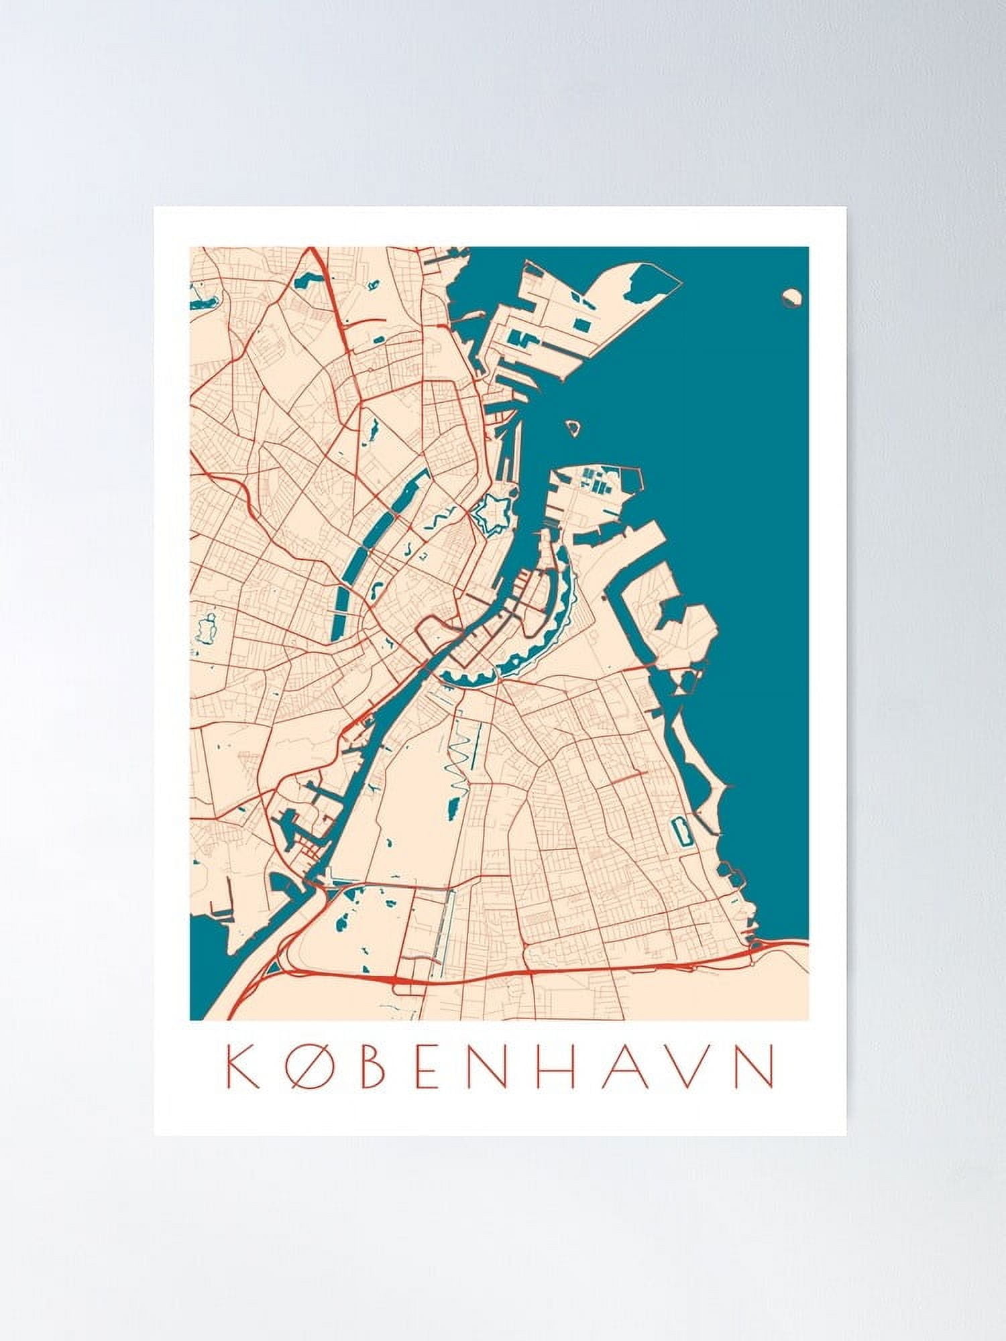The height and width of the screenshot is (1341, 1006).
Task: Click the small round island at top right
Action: (793, 297)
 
